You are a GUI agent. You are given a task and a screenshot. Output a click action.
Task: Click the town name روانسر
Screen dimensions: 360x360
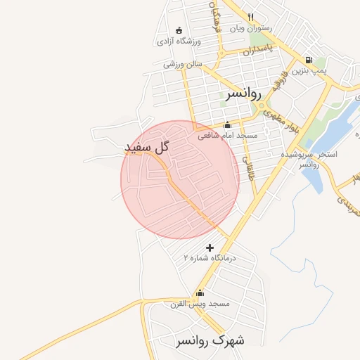(243, 93)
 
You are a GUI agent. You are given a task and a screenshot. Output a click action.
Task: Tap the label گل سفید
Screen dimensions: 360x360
(148, 147)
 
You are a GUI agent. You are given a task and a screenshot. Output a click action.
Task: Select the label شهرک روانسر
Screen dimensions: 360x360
(210, 340)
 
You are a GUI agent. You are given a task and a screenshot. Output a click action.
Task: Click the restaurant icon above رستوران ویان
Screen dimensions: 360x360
(250, 17)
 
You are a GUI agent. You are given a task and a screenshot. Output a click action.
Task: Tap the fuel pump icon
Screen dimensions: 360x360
(309, 60)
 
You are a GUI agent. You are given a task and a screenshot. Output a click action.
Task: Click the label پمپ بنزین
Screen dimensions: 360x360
(311, 71)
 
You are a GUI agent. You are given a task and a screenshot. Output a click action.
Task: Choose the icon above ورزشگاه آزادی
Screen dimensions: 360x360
(179, 30)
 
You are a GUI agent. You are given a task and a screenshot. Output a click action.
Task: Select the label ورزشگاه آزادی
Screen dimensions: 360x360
(179, 41)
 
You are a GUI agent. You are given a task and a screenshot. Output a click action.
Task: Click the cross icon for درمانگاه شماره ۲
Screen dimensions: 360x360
(210, 247)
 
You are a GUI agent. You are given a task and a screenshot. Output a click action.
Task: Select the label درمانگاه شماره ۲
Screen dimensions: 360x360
(210, 258)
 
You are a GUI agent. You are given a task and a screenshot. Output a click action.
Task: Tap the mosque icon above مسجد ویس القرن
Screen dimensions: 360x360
(200, 293)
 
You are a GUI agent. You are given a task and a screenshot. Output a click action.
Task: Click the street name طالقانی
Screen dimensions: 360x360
(248, 166)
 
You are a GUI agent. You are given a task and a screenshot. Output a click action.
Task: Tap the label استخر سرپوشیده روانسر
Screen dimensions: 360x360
(309, 159)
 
